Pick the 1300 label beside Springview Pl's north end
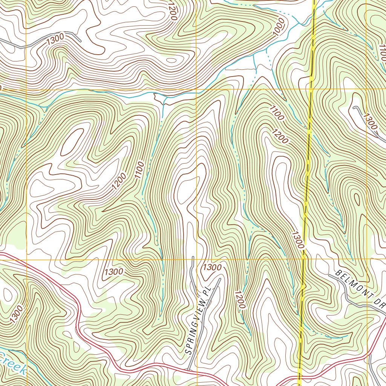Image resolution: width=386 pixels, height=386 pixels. (212, 267)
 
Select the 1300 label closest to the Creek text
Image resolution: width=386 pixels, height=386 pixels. (17, 314)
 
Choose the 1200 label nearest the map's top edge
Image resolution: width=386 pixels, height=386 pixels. (172, 11)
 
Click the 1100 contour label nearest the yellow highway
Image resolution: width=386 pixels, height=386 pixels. (276, 113)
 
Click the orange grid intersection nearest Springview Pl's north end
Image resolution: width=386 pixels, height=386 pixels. (196, 259)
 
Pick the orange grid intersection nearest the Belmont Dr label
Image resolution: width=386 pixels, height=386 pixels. (367, 259)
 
